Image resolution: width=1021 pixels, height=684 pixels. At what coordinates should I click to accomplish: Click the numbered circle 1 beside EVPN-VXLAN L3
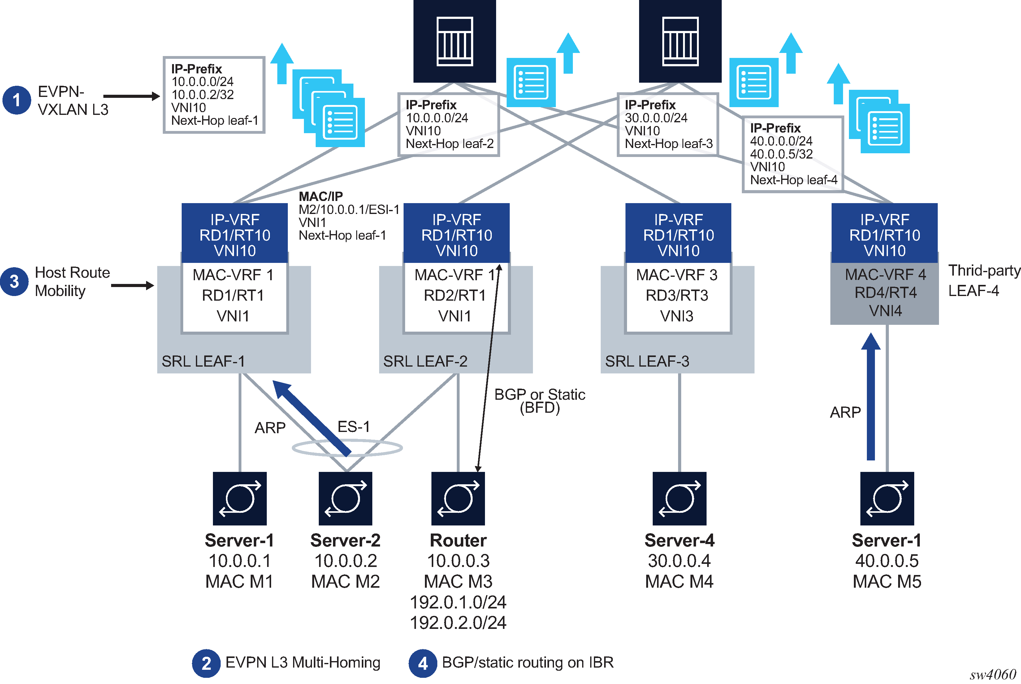[x=17, y=100]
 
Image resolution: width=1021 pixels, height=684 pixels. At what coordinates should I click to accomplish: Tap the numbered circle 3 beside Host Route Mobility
[x=14, y=281]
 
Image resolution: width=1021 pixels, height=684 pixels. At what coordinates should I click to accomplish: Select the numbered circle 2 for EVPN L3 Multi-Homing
[x=206, y=663]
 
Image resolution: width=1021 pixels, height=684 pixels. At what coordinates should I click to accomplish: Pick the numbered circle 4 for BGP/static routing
[x=422, y=663]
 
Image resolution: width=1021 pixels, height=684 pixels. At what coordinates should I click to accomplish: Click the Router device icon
[x=458, y=498]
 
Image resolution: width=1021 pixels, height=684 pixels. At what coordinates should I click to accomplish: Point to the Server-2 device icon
[x=345, y=498]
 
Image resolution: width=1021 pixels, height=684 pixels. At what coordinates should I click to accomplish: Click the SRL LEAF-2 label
[x=425, y=361]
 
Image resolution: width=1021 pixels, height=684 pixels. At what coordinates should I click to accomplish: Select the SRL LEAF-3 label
[x=647, y=361]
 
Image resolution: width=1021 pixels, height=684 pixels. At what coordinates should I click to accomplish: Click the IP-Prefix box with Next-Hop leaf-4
[x=793, y=154]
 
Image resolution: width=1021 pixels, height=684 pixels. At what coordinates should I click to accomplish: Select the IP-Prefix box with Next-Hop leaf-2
[x=448, y=124]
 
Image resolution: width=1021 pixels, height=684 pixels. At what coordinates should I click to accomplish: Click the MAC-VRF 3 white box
[x=677, y=297]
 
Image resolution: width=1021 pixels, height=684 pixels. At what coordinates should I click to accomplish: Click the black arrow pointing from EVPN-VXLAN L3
[x=131, y=96]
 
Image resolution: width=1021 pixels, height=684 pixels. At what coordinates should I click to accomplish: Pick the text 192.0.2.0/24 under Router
[x=458, y=622]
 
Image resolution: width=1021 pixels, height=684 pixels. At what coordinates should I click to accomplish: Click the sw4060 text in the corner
[x=993, y=674]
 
